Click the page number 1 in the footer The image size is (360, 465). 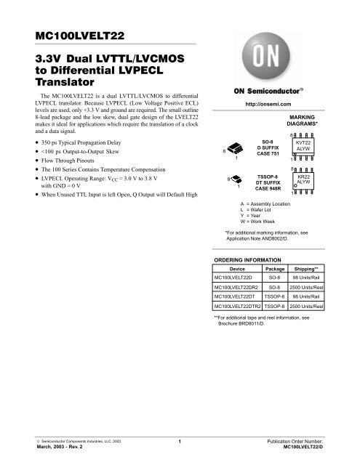tap(179, 441)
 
